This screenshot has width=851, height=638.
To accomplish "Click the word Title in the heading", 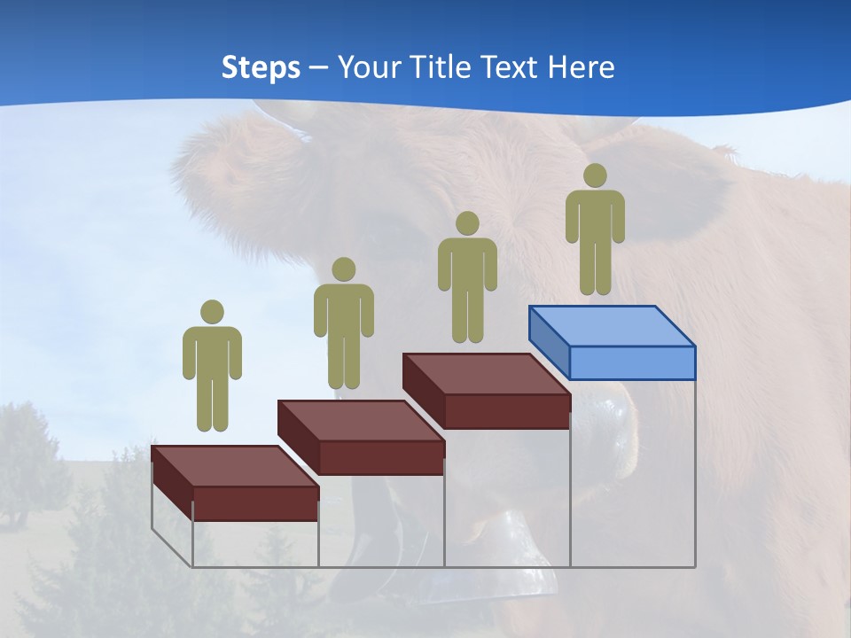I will [441, 66].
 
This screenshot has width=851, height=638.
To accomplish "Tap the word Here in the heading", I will [581, 66].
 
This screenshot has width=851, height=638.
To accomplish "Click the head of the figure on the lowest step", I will [212, 312].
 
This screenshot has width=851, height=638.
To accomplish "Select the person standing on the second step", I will [343, 323].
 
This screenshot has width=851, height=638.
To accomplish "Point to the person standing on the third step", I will [467, 277].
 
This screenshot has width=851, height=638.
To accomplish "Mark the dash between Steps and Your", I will [319, 68].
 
